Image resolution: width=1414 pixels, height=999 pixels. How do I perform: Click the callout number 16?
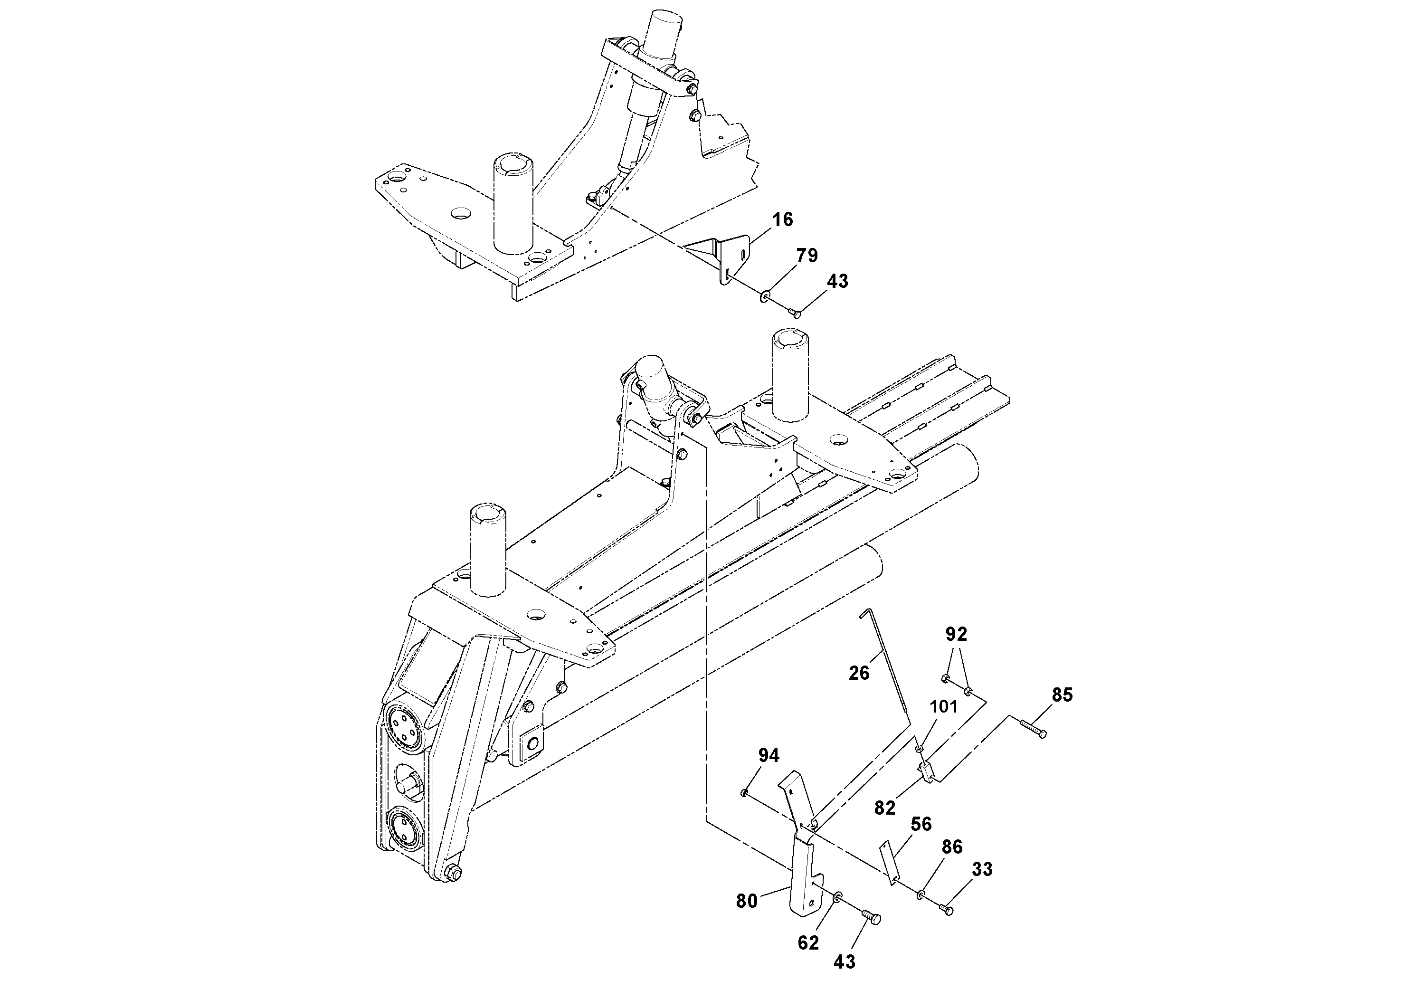783,220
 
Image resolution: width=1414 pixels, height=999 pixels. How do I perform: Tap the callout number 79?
807,256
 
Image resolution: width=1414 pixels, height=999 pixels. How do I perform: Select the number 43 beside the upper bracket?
837,282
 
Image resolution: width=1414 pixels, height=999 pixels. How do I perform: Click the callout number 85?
1063,695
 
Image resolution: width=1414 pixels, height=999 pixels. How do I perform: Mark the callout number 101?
943,706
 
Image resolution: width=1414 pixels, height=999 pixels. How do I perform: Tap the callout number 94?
769,755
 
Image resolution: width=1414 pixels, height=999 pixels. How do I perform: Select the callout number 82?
884,808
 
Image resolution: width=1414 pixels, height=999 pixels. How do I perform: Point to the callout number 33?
982,870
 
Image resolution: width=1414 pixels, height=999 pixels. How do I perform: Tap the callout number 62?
808,942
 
